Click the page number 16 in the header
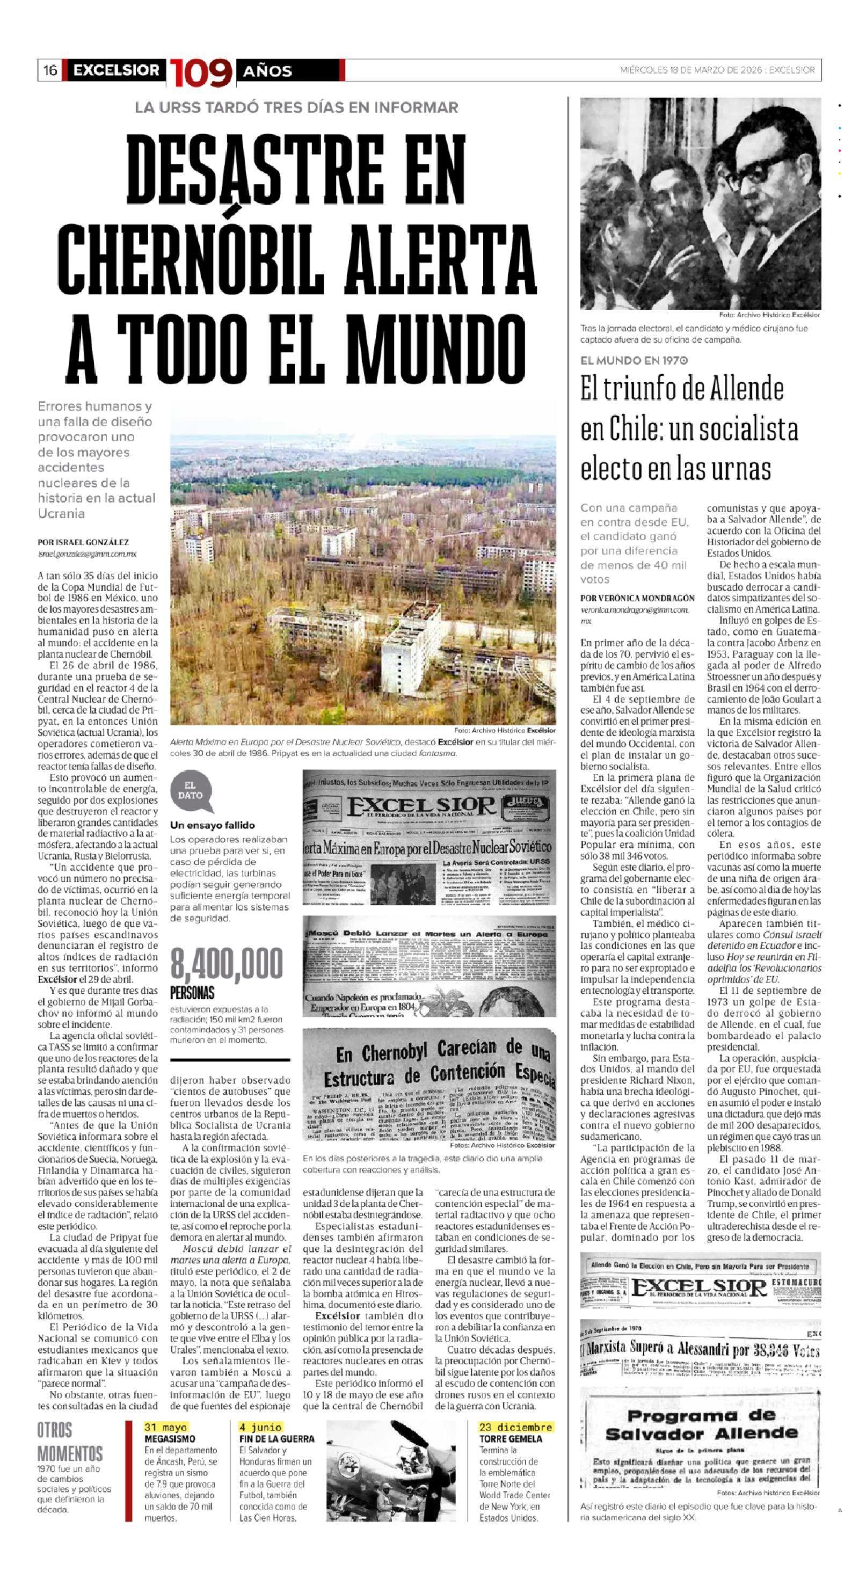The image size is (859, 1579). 50,70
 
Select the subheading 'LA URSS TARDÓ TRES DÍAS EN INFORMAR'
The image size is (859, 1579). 297,108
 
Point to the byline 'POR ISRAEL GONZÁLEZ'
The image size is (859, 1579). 83,542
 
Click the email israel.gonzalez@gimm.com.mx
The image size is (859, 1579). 87,554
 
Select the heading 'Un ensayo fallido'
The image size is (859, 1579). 212,825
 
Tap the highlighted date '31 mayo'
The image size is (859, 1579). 165,1427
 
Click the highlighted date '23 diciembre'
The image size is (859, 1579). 515,1427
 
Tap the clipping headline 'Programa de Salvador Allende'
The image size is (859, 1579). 701,1425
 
